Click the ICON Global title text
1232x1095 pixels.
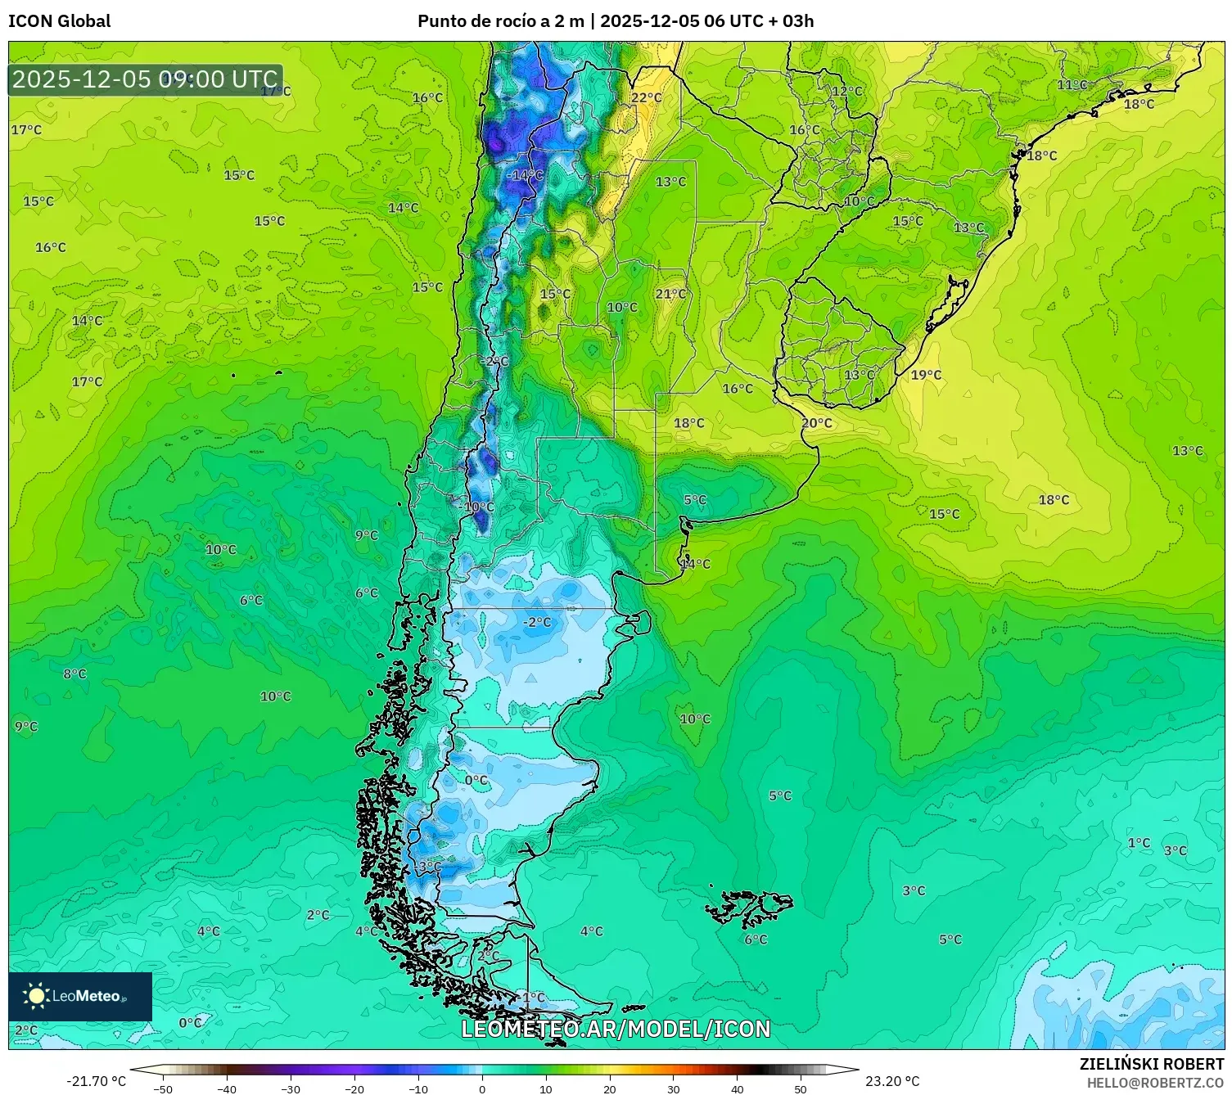(x=59, y=21)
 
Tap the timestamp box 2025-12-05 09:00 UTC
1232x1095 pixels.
(x=146, y=79)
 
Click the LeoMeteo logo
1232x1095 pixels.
(x=80, y=996)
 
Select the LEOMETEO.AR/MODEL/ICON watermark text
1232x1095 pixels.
(x=616, y=1029)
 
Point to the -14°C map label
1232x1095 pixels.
(x=525, y=175)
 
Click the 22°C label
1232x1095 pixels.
(x=646, y=98)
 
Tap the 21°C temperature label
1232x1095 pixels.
(x=670, y=294)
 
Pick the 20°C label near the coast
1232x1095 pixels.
(x=816, y=423)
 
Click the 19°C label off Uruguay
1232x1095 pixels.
(x=926, y=375)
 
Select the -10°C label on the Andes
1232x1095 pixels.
(x=478, y=507)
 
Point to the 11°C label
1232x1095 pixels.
(x=1072, y=85)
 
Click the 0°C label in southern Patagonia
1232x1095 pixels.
(x=476, y=780)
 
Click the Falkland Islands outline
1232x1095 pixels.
(x=749, y=907)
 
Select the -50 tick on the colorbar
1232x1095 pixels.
(x=163, y=1088)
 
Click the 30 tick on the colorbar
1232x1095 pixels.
(x=673, y=1088)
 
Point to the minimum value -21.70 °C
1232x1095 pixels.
(x=96, y=1081)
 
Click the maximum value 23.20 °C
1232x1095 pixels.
(x=892, y=1081)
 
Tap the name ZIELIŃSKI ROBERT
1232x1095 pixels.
(x=1151, y=1064)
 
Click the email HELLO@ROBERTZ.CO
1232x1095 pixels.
(x=1154, y=1083)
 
